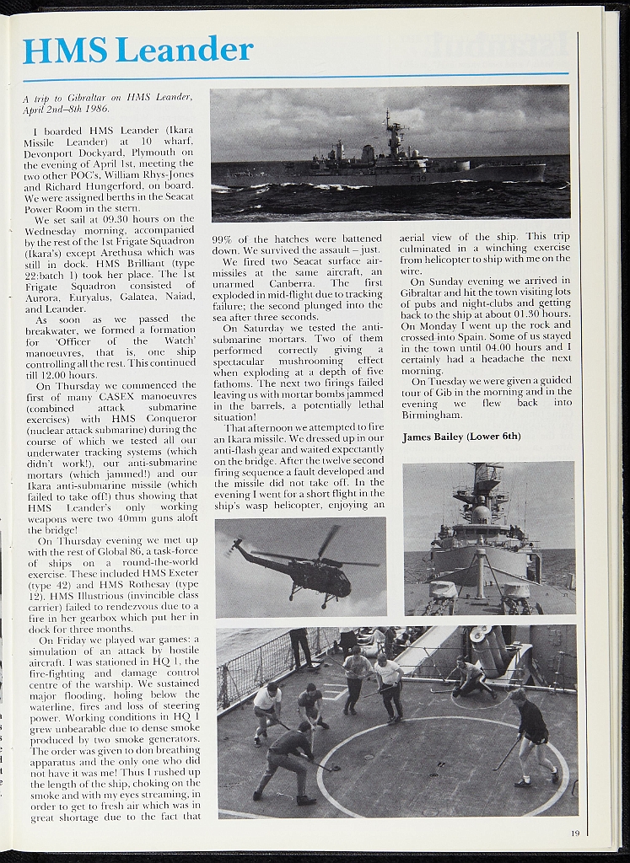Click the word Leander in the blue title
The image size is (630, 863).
click(x=184, y=50)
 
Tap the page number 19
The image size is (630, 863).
click(x=574, y=834)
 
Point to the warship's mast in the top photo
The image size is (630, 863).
click(x=392, y=135)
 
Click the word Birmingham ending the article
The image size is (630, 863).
click(x=431, y=415)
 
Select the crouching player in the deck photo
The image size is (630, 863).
click(x=469, y=677)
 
